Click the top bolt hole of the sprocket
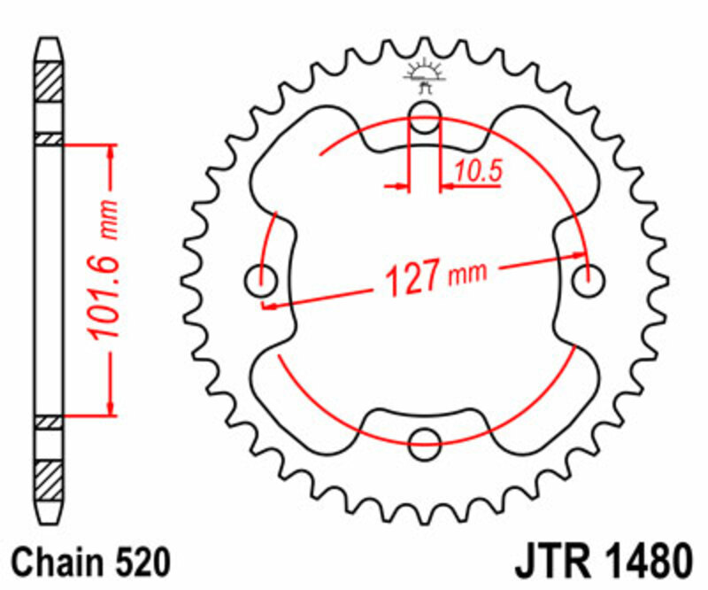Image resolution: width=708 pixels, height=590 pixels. pos(426,112)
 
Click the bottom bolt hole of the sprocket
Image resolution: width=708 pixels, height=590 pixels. pos(426,437)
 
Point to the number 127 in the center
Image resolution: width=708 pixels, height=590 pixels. pos(411,279)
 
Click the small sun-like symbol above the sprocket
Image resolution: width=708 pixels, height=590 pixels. pos(426,75)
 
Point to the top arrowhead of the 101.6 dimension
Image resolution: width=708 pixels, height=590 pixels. pos(111,150)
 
